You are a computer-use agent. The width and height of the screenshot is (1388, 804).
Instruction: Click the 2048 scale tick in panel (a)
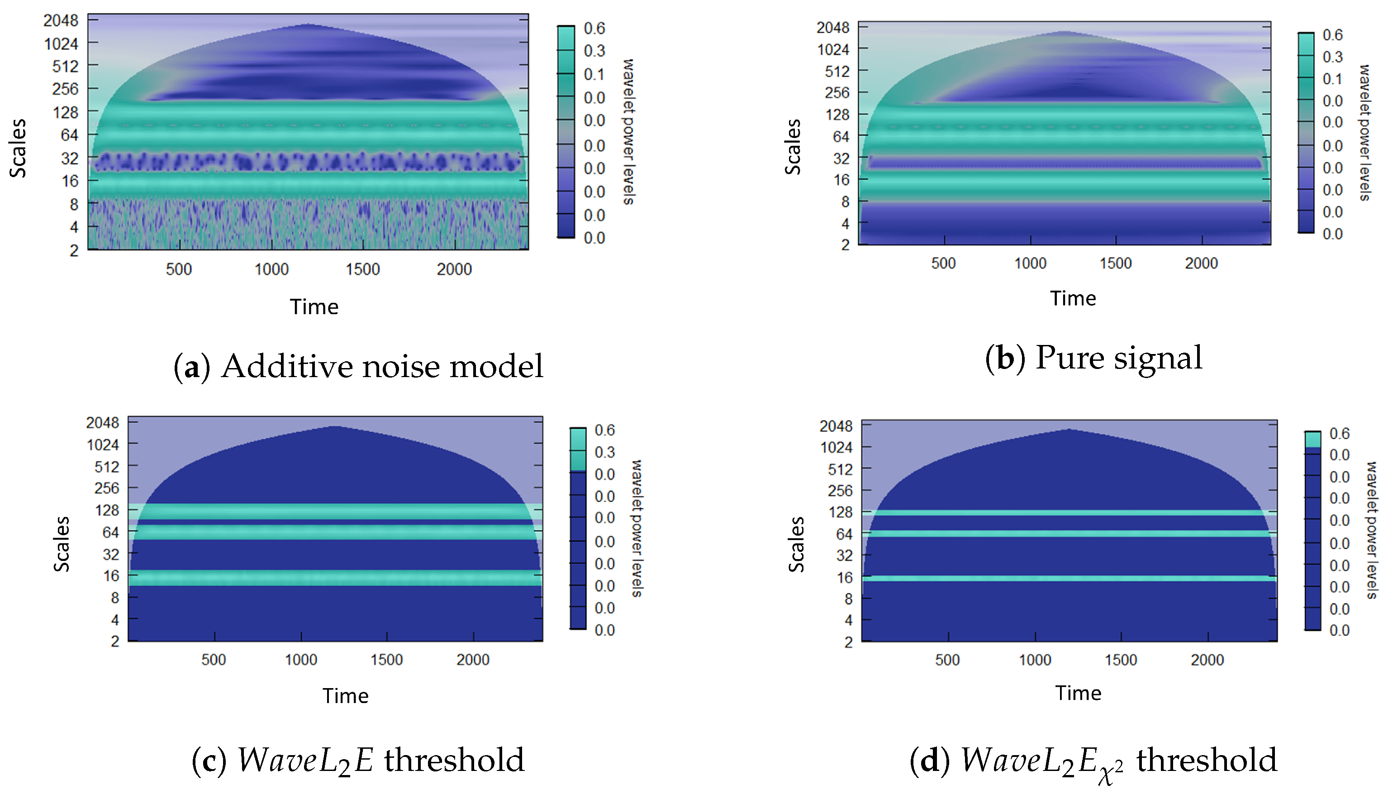pyautogui.click(x=61, y=20)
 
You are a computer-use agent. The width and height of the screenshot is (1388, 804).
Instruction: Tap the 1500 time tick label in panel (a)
pyautogui.click(x=362, y=269)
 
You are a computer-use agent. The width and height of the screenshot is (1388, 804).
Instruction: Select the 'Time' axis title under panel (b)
pyautogui.click(x=1072, y=298)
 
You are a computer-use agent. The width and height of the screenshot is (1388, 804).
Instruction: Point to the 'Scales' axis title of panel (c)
pyautogui.click(x=61, y=544)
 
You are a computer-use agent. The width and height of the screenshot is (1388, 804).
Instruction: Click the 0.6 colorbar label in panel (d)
pyautogui.click(x=1339, y=433)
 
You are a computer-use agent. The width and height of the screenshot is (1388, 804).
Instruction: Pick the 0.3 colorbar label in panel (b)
pyautogui.click(x=1332, y=57)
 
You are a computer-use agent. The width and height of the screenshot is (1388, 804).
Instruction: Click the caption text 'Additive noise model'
pyautogui.click(x=382, y=366)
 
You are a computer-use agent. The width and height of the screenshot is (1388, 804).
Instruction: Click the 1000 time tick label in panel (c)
pyautogui.click(x=301, y=660)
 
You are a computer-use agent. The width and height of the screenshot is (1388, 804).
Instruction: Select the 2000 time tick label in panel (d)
pyautogui.click(x=1207, y=660)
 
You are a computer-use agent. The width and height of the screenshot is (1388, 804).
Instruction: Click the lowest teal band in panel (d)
pyautogui.click(x=1069, y=578)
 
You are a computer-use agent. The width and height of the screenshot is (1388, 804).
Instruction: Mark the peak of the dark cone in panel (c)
pyautogui.click(x=334, y=426)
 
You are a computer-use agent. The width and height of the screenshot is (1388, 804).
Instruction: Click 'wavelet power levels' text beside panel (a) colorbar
pyautogui.click(x=628, y=132)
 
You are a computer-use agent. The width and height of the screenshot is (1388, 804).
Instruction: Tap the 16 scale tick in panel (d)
pyautogui.click(x=844, y=578)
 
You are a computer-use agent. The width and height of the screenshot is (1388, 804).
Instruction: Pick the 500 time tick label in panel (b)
pyautogui.click(x=943, y=263)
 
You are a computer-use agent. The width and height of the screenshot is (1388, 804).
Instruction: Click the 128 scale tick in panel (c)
pyautogui.click(x=107, y=510)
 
